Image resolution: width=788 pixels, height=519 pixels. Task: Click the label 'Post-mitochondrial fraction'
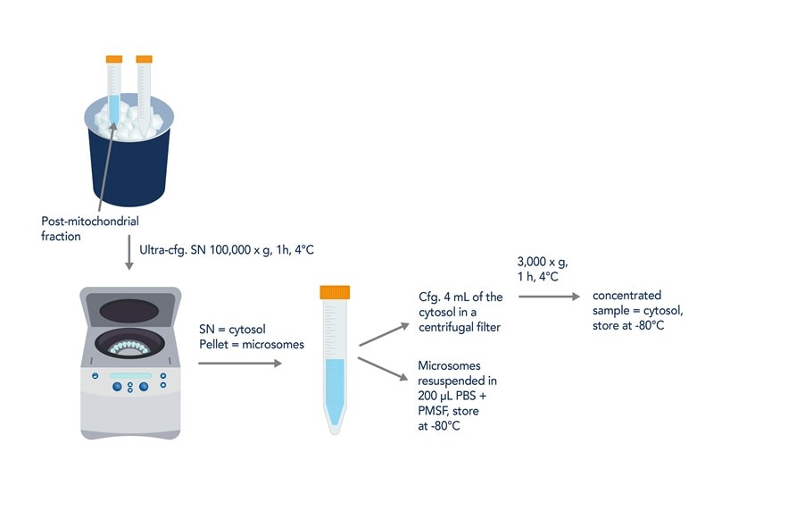(x=90, y=228)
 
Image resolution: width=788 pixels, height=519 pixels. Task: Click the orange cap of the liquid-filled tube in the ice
(x=113, y=59)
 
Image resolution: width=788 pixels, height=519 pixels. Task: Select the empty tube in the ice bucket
(x=144, y=94)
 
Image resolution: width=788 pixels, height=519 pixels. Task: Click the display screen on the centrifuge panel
(x=130, y=375)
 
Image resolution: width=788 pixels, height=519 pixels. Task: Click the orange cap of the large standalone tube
(x=335, y=292)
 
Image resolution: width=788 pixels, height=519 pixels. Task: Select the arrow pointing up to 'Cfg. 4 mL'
(x=385, y=334)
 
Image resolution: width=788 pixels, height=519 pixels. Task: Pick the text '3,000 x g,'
(x=543, y=262)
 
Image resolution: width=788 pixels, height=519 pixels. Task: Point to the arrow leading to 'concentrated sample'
(x=547, y=296)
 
